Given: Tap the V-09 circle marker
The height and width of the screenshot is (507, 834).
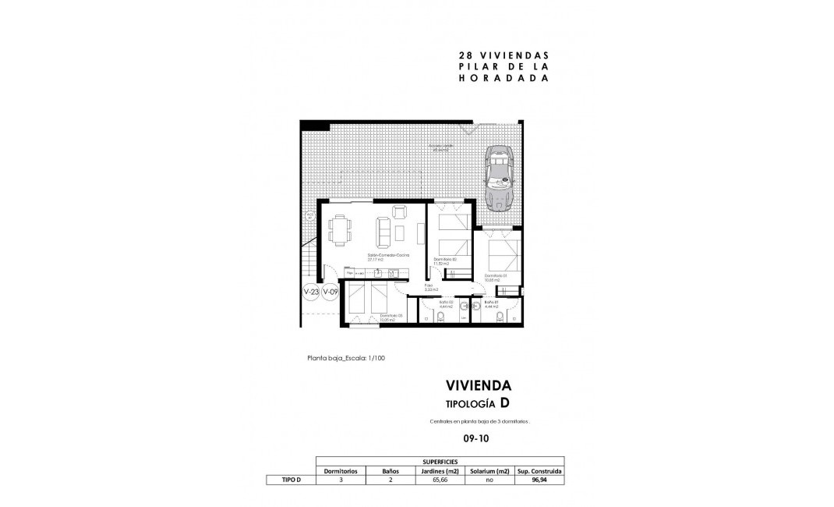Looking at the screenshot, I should (x=330, y=292).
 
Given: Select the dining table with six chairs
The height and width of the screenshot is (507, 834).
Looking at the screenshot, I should (x=340, y=229).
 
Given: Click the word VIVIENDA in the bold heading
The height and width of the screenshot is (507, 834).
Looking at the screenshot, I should (x=478, y=385).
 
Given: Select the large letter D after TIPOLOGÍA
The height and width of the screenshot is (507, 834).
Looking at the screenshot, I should (x=505, y=402).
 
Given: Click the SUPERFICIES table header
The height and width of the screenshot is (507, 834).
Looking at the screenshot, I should (x=441, y=462).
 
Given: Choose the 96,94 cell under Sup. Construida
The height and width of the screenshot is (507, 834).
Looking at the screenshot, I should (x=540, y=480).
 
